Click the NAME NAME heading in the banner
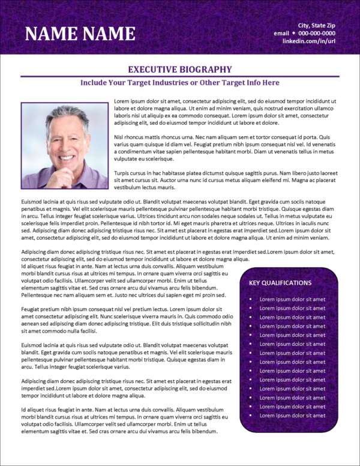(x=80, y=33)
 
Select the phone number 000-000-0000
(x=329, y=33)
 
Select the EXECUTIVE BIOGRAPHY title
(x=180, y=70)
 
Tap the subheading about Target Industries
(x=180, y=83)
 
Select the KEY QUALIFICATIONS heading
(x=280, y=283)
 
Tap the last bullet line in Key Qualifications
(x=292, y=416)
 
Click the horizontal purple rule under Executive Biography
(x=180, y=76)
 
